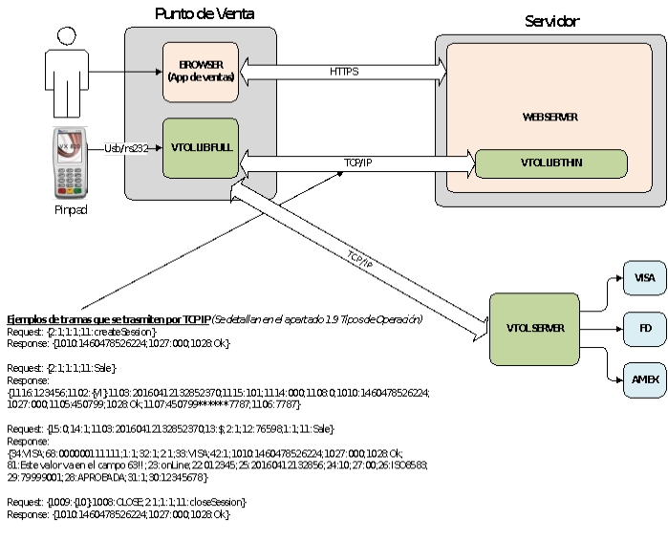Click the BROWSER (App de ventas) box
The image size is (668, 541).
click(x=200, y=72)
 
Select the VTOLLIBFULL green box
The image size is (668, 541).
click(x=200, y=148)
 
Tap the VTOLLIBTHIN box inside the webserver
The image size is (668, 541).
click(x=550, y=162)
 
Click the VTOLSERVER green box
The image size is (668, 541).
click(x=534, y=328)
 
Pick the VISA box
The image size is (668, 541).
click(x=644, y=278)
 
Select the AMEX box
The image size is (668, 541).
click(x=644, y=379)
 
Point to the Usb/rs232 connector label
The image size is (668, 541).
click(x=125, y=148)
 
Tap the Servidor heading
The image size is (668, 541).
click(x=551, y=21)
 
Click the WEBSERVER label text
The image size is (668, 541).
click(x=550, y=117)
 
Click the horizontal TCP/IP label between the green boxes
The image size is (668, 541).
click(x=357, y=163)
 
